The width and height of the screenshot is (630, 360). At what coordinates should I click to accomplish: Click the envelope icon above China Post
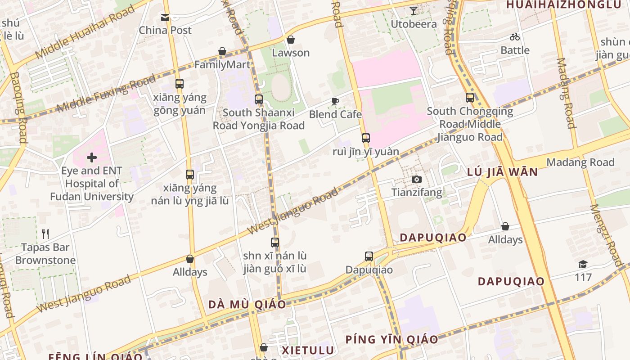coord(165,18)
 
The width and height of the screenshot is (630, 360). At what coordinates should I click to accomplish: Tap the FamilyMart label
coord(222,64)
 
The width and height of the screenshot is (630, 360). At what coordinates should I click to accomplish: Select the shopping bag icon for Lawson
coord(291,40)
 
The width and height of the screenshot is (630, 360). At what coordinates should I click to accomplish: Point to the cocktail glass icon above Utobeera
coord(414,11)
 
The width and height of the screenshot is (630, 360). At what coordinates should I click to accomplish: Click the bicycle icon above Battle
coord(515,37)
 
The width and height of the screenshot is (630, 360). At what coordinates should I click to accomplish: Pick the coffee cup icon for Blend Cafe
coord(335,101)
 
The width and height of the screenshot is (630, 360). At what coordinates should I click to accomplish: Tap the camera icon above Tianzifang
coord(417,180)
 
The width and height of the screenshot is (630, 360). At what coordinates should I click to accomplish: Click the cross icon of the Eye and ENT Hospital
coord(92,157)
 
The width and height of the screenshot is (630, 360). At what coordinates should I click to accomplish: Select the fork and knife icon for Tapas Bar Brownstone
coord(45,234)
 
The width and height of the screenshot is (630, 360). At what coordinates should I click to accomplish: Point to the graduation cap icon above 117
coord(583,264)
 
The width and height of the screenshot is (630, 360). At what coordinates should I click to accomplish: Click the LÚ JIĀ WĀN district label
coord(502,171)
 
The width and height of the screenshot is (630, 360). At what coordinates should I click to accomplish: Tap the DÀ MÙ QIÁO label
coord(247,304)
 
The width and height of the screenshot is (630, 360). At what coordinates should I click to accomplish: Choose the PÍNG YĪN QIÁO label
coord(391,339)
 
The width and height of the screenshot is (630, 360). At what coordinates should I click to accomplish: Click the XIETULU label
coord(308,350)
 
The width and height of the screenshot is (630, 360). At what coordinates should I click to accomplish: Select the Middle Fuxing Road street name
coord(106,93)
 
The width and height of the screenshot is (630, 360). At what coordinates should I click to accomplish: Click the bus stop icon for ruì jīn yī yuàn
coord(365,138)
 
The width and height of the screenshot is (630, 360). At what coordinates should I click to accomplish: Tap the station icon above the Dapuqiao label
coord(369,256)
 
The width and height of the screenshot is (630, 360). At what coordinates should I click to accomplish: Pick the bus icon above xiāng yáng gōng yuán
coord(180,84)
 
